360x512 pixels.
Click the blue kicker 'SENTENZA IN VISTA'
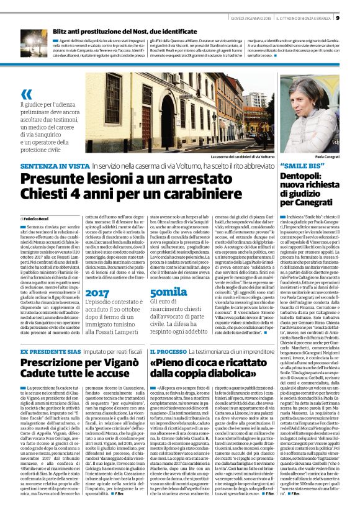[x=54, y=167]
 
